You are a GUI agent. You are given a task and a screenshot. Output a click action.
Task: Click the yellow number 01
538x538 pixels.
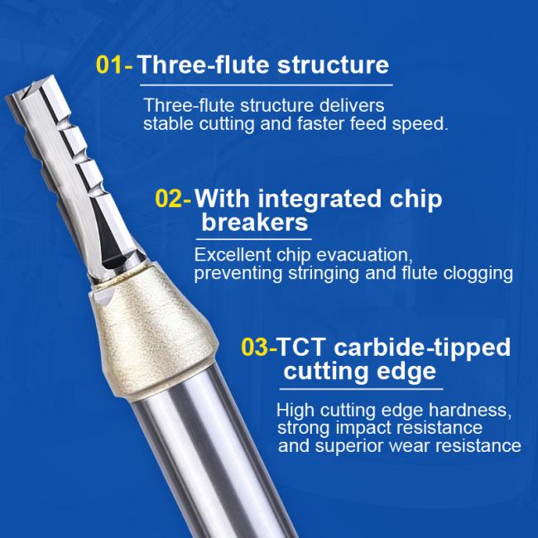click(x=108, y=65)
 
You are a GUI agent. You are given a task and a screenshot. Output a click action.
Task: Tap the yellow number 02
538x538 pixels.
click(x=168, y=198)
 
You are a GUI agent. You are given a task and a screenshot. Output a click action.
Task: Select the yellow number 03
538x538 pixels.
click(x=254, y=347)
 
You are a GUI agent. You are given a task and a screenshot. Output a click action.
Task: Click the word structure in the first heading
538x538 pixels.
click(x=333, y=65)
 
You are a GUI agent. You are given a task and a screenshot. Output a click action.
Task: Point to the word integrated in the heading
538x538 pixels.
click(x=319, y=199)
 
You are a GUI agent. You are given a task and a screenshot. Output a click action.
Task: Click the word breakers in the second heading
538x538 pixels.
click(x=255, y=223)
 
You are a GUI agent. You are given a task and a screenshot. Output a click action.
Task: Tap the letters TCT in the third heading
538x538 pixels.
click(x=300, y=347)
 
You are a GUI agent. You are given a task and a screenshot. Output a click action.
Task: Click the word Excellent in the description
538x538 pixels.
click(x=233, y=255)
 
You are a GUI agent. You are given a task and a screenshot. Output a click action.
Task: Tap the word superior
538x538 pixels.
click(x=349, y=446)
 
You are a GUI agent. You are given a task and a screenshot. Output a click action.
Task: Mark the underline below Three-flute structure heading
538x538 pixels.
click(x=267, y=85)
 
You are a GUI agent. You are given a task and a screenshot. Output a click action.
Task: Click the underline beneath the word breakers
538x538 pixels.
click(x=254, y=239)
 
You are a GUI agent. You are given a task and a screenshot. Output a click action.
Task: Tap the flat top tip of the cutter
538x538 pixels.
click(x=30, y=87)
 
